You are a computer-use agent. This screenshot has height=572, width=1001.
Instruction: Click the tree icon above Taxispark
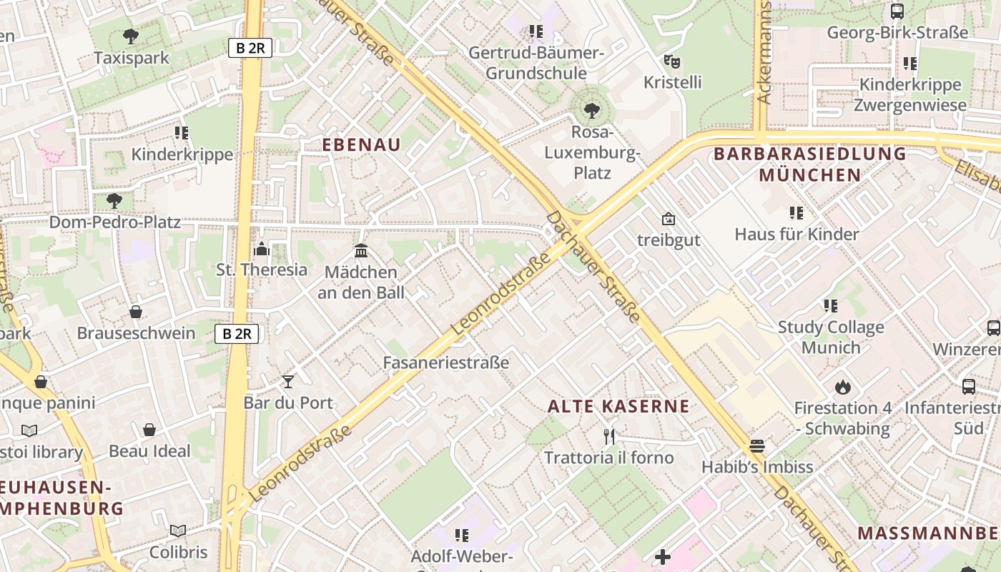[130, 36]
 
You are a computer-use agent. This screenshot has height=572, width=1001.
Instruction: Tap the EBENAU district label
[361, 144]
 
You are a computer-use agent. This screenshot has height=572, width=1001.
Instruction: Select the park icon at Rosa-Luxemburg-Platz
[591, 111]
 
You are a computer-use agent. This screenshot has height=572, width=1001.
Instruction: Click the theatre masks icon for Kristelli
[670, 61]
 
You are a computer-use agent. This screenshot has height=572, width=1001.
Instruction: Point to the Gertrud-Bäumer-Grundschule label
[536, 63]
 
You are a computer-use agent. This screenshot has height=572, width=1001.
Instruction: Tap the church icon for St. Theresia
[262, 249]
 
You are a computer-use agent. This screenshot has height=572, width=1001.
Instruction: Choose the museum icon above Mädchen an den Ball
[361, 251]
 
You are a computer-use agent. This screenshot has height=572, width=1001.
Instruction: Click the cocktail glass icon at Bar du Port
[288, 382]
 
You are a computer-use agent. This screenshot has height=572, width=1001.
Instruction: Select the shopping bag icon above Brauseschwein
[136, 312]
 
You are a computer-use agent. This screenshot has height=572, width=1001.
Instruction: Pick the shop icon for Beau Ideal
[149, 430]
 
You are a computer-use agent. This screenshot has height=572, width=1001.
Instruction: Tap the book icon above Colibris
[178, 531]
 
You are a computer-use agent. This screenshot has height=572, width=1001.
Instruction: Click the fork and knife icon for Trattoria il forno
[609, 436]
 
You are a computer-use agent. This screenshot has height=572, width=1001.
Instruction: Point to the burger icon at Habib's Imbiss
[757, 446]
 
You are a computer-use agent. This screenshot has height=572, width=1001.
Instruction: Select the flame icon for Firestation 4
[842, 387]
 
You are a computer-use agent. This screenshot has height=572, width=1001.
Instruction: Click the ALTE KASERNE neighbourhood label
[618, 407]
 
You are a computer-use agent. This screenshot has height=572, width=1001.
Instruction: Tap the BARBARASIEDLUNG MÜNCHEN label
[810, 164]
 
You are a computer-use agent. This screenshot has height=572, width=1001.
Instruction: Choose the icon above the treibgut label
[669, 219]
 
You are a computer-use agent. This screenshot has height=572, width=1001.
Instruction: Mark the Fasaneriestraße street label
[446, 363]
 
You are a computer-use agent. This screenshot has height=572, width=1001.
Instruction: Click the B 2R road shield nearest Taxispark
[250, 48]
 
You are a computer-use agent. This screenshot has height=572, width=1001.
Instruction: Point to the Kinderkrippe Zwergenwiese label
[910, 95]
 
